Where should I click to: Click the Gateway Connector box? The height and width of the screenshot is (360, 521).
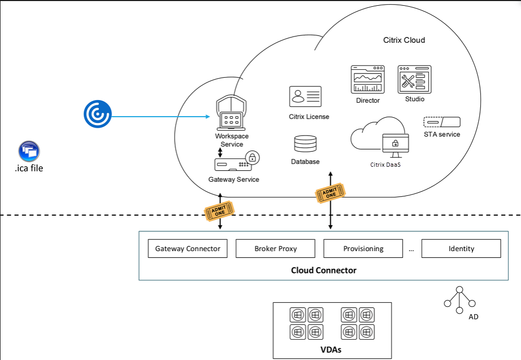pyautogui.click(x=188, y=249)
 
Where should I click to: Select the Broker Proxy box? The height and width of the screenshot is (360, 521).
pyautogui.click(x=276, y=249)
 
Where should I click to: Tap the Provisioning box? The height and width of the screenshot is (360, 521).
pyautogui.click(x=363, y=249)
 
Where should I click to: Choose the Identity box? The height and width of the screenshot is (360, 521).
pyautogui.click(x=461, y=249)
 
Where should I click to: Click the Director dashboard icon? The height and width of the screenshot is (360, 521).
pyautogui.click(x=367, y=79)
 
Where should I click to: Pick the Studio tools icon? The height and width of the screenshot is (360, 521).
pyautogui.click(x=415, y=79)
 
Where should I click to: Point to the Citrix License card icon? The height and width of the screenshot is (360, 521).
pyautogui.click(x=305, y=96)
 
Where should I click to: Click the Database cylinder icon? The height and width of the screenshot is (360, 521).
pyautogui.click(x=305, y=144)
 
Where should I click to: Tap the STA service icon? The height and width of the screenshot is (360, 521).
pyautogui.click(x=442, y=122)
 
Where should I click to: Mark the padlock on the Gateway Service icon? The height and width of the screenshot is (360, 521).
pyautogui.click(x=252, y=157)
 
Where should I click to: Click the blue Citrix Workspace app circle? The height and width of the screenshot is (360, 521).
pyautogui.click(x=97, y=114)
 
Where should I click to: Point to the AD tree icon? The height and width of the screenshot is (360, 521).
pyautogui.click(x=460, y=300)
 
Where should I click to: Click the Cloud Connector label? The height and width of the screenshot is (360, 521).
pyautogui.click(x=324, y=270)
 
